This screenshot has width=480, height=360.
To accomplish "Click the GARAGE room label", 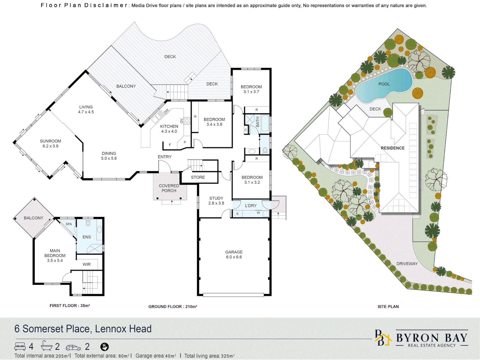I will (234, 254).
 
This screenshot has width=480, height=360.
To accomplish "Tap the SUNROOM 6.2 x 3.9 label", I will (50, 144).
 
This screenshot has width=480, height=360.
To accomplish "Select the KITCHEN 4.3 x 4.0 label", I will (169, 129).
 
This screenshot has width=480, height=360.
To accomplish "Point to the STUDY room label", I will (216, 200).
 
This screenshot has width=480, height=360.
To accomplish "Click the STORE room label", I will (198, 177).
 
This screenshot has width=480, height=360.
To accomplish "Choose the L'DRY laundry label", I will (250, 206).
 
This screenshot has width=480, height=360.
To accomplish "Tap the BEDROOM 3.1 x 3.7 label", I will (251, 89).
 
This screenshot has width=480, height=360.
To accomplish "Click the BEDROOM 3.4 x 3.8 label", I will (214, 122).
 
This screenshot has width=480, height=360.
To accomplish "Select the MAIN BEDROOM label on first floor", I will (55, 255).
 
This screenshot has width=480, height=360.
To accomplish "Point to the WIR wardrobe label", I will (87, 264).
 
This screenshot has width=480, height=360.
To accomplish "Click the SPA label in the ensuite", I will (69, 224).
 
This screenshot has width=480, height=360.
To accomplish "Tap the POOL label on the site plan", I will (384, 84).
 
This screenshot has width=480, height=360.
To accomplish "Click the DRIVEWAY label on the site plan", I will (407, 264).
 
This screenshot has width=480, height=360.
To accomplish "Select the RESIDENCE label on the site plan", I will (392, 148).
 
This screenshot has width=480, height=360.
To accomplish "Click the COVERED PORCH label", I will (169, 188).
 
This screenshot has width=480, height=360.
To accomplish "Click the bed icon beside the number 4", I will (20, 346).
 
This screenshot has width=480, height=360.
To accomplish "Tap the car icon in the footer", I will (73, 347).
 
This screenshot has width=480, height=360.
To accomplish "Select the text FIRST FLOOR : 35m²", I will (70, 305).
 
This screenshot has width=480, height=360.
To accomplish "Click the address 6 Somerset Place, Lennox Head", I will (83, 329).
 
